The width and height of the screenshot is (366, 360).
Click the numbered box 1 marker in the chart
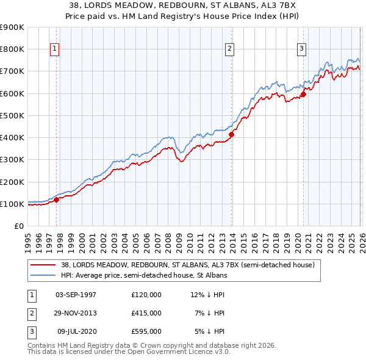click(x=55, y=49)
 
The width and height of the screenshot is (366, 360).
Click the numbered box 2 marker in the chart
click(x=229, y=49)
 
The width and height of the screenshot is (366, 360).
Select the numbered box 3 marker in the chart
click(x=301, y=49)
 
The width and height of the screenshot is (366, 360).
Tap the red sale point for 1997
click(x=56, y=199)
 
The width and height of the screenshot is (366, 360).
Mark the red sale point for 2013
click(x=232, y=134)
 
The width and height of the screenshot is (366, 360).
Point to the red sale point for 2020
click(x=303, y=94)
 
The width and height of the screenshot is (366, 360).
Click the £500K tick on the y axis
click(x=12, y=115)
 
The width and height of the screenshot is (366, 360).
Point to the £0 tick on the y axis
click(x=18, y=226)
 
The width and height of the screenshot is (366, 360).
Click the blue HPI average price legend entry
click(x=143, y=276)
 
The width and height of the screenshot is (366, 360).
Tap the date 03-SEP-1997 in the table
click(x=76, y=295)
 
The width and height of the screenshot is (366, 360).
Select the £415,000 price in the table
click(x=146, y=313)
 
